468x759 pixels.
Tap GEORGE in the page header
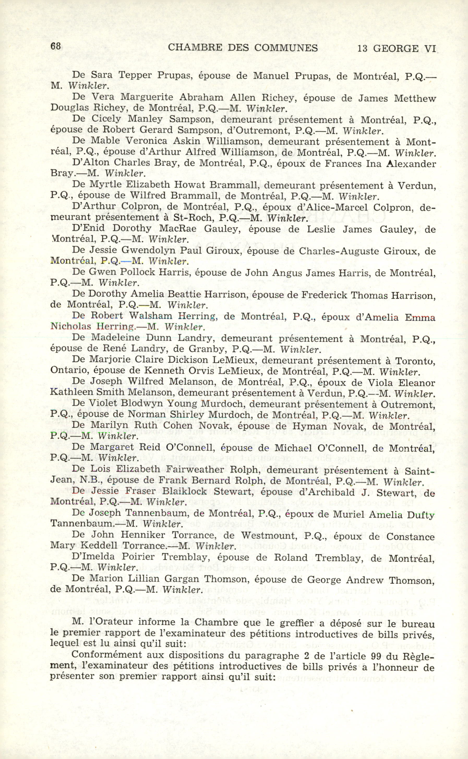pos(393,48)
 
